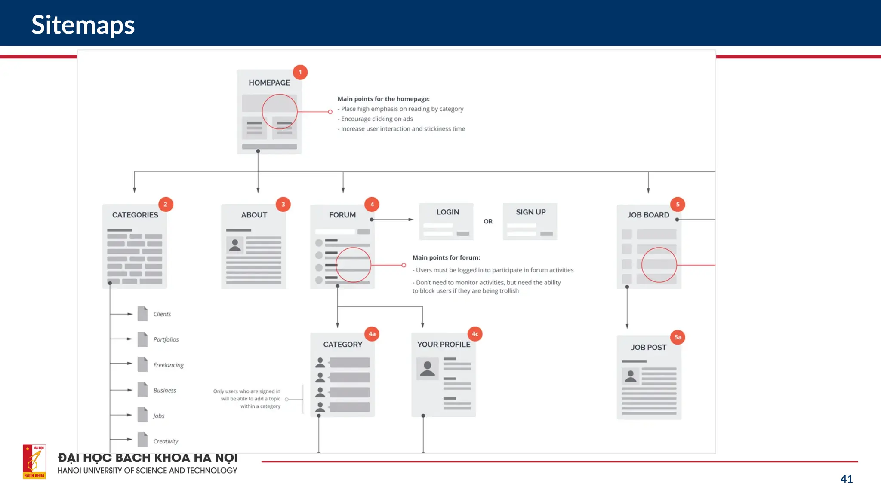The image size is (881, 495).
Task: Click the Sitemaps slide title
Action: coord(83,25)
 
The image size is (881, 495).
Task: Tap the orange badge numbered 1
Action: coord(300,72)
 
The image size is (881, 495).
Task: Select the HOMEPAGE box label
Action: coord(269,82)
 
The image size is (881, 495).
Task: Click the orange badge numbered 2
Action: coord(166,205)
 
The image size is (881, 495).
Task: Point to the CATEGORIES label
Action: coord(135,215)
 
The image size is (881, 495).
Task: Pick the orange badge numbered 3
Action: coord(283,205)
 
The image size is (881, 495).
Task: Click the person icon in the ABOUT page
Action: coord(235,245)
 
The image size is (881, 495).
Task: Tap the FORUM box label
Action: coord(342,215)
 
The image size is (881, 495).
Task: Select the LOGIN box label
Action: coord(448,212)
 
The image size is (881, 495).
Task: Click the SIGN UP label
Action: coord(531,212)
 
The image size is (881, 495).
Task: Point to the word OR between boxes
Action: coord(488,221)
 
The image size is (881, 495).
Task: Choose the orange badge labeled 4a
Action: coord(372,334)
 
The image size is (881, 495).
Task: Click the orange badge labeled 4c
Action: coord(475,334)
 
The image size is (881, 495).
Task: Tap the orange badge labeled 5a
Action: coord(678,337)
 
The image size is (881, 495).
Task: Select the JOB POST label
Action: coord(649,347)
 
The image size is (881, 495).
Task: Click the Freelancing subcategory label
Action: coord(168,365)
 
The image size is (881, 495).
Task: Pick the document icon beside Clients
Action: coord(142,314)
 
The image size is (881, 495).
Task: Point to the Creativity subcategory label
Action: coord(166,441)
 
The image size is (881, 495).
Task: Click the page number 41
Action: coord(846,479)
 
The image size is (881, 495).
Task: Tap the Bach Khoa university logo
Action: coord(34,461)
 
